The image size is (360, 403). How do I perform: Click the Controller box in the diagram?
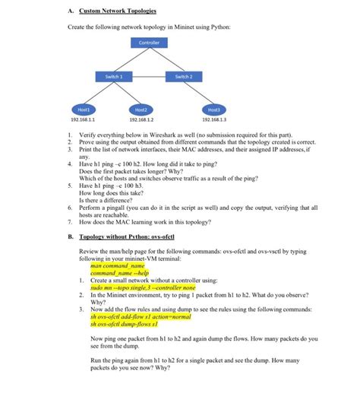[149, 43]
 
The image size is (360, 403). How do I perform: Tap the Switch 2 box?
[183, 76]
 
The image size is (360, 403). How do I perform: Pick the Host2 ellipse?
[141, 109]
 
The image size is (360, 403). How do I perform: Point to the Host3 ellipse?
[213, 109]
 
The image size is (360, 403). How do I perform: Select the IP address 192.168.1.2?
[141, 119]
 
